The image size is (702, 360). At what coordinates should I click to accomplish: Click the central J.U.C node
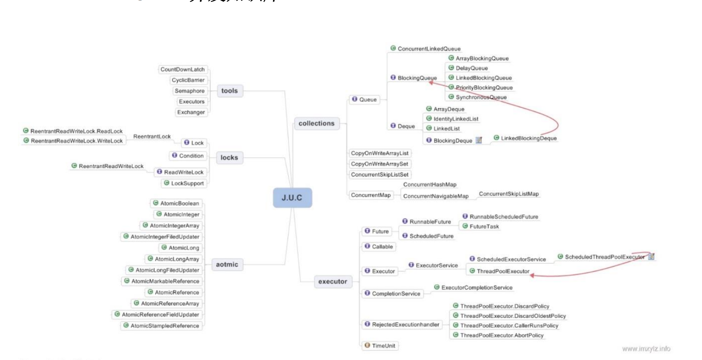pyautogui.click(x=292, y=198)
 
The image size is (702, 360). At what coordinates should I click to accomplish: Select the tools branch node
pyautogui.click(x=229, y=91)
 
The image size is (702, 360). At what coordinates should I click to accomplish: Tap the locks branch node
pyautogui.click(x=229, y=158)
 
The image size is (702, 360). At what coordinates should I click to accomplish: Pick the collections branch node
pyautogui.click(x=316, y=123)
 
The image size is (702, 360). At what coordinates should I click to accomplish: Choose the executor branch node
pyautogui.click(x=333, y=282)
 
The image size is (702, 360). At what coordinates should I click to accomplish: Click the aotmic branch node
pyautogui.click(x=227, y=264)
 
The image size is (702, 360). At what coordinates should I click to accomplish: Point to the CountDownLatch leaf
pyautogui.click(x=182, y=70)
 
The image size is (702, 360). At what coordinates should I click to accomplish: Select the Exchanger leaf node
pyautogui.click(x=191, y=112)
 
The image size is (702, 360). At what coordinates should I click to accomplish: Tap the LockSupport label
pyautogui.click(x=187, y=183)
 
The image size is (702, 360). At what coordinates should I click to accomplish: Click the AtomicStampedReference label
pyautogui.click(x=165, y=326)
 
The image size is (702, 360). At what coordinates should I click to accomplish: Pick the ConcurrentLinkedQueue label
pyautogui.click(x=429, y=49)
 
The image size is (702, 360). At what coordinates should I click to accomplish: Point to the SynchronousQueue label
pyautogui.click(x=481, y=97)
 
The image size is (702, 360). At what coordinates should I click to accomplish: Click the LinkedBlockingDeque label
pyautogui.click(x=528, y=138)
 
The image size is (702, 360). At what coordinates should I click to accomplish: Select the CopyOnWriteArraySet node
pyautogui.click(x=379, y=164)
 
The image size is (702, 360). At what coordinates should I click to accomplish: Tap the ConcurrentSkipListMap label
pyautogui.click(x=509, y=194)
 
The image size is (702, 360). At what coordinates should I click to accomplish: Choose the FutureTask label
pyautogui.click(x=484, y=226)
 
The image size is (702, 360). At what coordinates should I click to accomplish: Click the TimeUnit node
pyautogui.click(x=383, y=346)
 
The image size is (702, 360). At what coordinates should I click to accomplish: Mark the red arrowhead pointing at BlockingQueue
pyautogui.click(x=432, y=83)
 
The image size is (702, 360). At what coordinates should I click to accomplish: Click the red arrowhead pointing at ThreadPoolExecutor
pyautogui.click(x=533, y=275)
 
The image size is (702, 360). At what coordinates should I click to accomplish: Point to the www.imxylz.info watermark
pyautogui.click(x=646, y=349)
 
